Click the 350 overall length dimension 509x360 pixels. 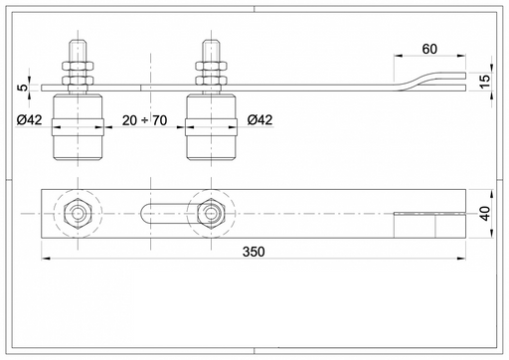click(x=254, y=252)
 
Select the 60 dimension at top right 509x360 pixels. click(x=429, y=49)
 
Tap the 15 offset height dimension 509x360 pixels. click(x=484, y=82)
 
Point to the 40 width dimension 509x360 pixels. click(x=485, y=214)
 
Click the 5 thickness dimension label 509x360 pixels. click(x=23, y=88)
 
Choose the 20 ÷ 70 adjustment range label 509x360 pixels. click(x=144, y=120)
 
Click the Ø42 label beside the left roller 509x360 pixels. click(x=30, y=119)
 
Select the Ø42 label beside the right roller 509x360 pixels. click(x=259, y=119)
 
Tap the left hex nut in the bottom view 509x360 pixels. click(x=78, y=214)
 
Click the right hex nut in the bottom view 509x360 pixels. click(x=211, y=214)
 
